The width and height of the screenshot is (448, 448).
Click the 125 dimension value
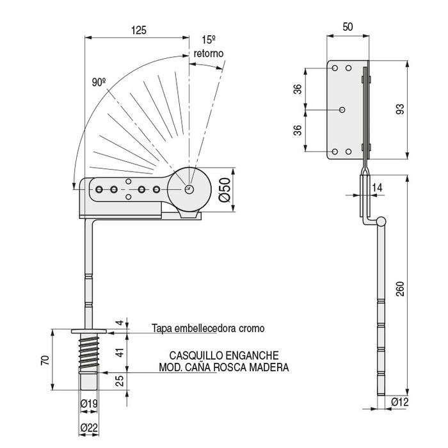(138, 30)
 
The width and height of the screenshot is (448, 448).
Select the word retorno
(207, 54)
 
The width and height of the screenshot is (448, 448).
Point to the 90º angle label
(98, 82)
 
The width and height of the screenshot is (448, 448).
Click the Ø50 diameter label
(224, 190)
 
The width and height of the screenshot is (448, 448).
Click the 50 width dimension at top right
(348, 27)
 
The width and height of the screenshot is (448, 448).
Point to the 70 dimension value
(44, 359)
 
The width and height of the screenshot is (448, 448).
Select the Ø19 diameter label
(89, 403)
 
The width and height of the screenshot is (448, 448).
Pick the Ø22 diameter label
(89, 428)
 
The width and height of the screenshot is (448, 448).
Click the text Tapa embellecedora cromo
(207, 328)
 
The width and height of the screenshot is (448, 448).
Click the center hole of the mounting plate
(342, 109)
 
